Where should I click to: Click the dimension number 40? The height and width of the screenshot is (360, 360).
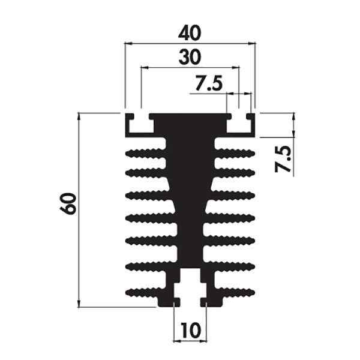tap(190, 33)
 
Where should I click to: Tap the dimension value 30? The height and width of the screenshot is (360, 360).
tap(190, 57)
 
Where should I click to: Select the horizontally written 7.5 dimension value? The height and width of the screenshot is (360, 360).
tap(209, 83)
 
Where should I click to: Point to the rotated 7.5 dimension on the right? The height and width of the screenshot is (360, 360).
tap(283, 159)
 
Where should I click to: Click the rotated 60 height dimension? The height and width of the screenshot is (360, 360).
tap(67, 203)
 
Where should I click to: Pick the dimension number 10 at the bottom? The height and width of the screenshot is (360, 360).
tap(190, 331)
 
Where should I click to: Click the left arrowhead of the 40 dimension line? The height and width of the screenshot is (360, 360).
tap(128, 43)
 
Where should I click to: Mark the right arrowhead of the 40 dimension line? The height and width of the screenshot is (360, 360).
tap(252, 43)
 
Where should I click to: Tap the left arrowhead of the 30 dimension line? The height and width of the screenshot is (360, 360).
tap(145, 68)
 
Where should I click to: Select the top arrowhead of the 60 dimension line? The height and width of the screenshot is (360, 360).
tap(79, 116)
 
